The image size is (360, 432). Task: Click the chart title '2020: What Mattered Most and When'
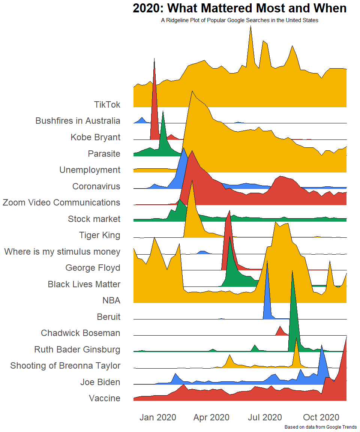pos(239,8)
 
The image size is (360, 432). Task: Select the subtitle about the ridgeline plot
pos(240,20)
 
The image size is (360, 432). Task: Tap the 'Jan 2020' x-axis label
pos(158,417)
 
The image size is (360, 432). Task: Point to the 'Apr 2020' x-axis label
pos(211,417)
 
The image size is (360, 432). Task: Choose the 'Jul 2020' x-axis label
pos(265,417)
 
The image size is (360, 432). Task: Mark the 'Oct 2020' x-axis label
pos(321,417)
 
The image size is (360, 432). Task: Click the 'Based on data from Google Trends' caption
pos(321,427)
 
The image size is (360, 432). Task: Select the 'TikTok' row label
pos(107,105)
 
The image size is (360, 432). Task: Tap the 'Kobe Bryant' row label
pos(95,137)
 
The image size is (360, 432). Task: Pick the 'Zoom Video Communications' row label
pos(61,202)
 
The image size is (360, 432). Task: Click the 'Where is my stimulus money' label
pos(62,252)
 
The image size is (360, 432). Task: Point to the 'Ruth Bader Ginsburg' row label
pos(77,349)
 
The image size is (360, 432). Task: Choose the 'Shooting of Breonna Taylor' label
pos(65,366)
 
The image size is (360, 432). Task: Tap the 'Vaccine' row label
pos(105,398)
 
